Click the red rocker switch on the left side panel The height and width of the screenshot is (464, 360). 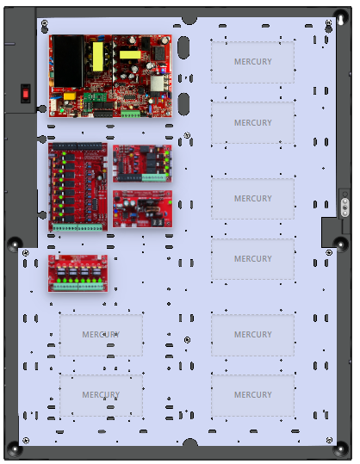click(x=26, y=94)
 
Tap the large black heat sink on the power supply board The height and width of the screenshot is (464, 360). click(x=68, y=61)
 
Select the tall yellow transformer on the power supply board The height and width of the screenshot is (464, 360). click(x=98, y=57)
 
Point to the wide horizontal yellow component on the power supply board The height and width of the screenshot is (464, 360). click(x=130, y=55)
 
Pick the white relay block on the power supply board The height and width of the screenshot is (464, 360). click(x=157, y=84)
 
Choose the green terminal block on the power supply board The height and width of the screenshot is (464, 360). click(x=130, y=114)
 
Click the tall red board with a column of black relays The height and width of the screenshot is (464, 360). click(x=78, y=187)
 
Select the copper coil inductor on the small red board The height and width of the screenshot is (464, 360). click(x=152, y=209)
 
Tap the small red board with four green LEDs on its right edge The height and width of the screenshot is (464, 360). click(x=142, y=164)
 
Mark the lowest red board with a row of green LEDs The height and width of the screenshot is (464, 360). click(x=78, y=274)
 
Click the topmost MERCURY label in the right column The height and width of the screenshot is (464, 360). click(x=253, y=62)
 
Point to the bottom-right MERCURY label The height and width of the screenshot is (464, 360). click(x=253, y=394)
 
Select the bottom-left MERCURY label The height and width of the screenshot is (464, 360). click(x=101, y=394)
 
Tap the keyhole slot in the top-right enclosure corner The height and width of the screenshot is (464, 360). click(x=340, y=21)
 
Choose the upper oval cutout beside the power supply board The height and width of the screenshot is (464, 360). click(x=183, y=47)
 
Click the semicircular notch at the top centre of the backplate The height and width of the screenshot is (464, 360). click(x=189, y=20)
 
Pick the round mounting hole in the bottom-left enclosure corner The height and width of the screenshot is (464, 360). click(x=14, y=449)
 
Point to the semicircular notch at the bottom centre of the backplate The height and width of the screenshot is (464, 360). click(x=189, y=442)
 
